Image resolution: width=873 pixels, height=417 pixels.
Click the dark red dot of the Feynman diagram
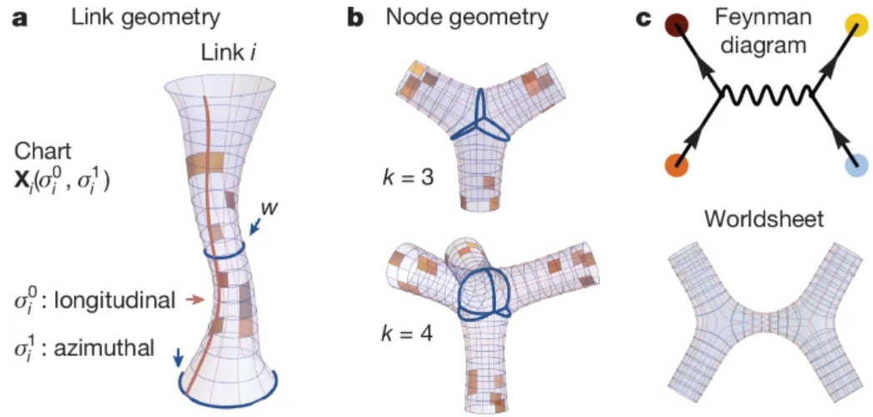coord(675,29)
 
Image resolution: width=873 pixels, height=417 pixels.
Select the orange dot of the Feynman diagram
coord(676,165)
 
